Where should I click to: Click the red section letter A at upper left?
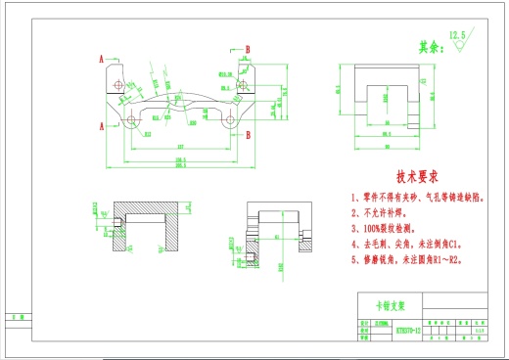102,59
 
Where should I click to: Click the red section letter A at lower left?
102,125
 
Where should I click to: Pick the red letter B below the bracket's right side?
248,137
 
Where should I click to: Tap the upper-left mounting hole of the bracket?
119,85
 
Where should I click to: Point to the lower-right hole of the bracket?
229,121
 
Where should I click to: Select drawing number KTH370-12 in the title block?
409,331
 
